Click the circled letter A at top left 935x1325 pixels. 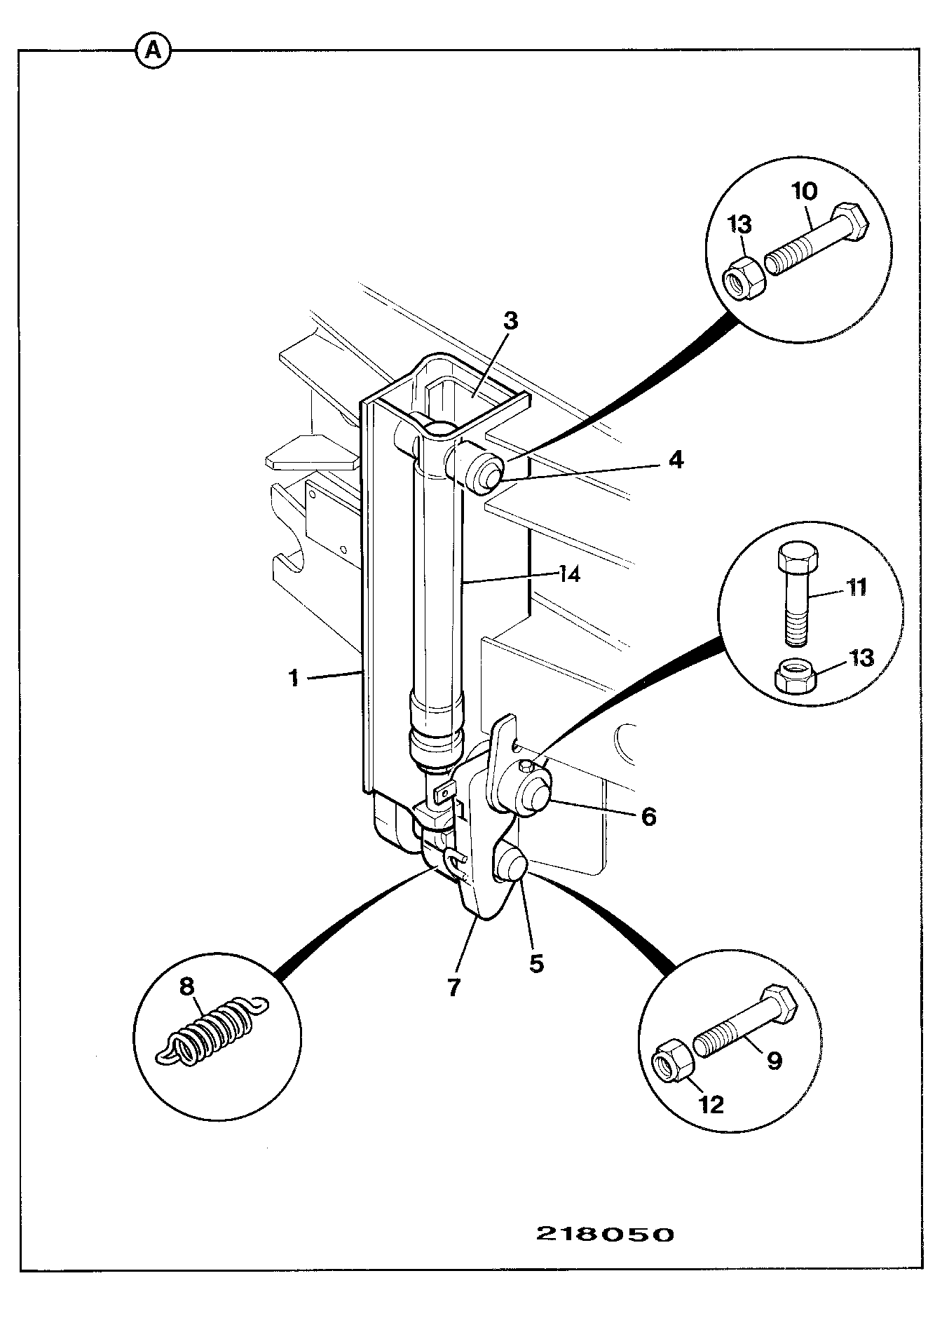pyautogui.click(x=153, y=50)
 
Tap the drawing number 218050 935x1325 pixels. pyautogui.click(x=606, y=1234)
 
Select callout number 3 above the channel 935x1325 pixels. pyautogui.click(x=510, y=321)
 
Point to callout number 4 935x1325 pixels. pyautogui.click(x=675, y=460)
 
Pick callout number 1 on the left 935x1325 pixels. pyautogui.click(x=295, y=678)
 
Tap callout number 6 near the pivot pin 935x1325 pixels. pyautogui.click(x=649, y=816)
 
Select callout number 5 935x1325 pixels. pyautogui.click(x=536, y=963)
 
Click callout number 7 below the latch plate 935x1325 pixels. pyautogui.click(x=453, y=988)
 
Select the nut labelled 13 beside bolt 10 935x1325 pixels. pyautogui.click(x=744, y=279)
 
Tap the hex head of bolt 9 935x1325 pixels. pyautogui.click(x=779, y=1003)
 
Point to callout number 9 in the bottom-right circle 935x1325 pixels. pyautogui.click(x=774, y=1061)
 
